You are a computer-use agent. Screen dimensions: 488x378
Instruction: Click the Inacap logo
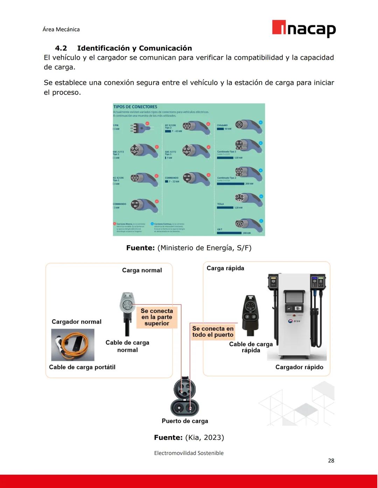tap(303, 28)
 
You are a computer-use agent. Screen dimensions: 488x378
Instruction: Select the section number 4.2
tap(61, 48)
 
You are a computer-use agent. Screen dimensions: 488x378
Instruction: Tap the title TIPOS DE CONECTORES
tap(135, 107)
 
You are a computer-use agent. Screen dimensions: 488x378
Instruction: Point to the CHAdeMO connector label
tap(222, 125)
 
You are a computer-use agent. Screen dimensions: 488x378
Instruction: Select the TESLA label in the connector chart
tap(220, 204)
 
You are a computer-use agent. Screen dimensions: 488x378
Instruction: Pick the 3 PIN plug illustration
tap(140, 128)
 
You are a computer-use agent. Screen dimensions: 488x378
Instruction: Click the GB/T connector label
tap(220, 230)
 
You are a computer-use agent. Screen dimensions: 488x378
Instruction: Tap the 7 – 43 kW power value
tap(177, 131)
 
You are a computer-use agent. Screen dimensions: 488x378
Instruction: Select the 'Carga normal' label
tap(142, 270)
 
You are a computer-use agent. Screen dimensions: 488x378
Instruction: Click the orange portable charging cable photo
tap(73, 345)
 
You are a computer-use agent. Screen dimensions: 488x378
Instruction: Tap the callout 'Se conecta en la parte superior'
tap(157, 317)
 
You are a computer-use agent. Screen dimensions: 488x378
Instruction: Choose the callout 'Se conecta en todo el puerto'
tap(213, 332)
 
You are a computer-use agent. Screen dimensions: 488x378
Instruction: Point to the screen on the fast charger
tap(294, 297)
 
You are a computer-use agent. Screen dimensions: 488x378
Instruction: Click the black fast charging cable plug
tap(250, 312)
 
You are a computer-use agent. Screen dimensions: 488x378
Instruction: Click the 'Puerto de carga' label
tap(185, 421)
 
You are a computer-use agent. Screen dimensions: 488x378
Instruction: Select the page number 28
tap(331, 461)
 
